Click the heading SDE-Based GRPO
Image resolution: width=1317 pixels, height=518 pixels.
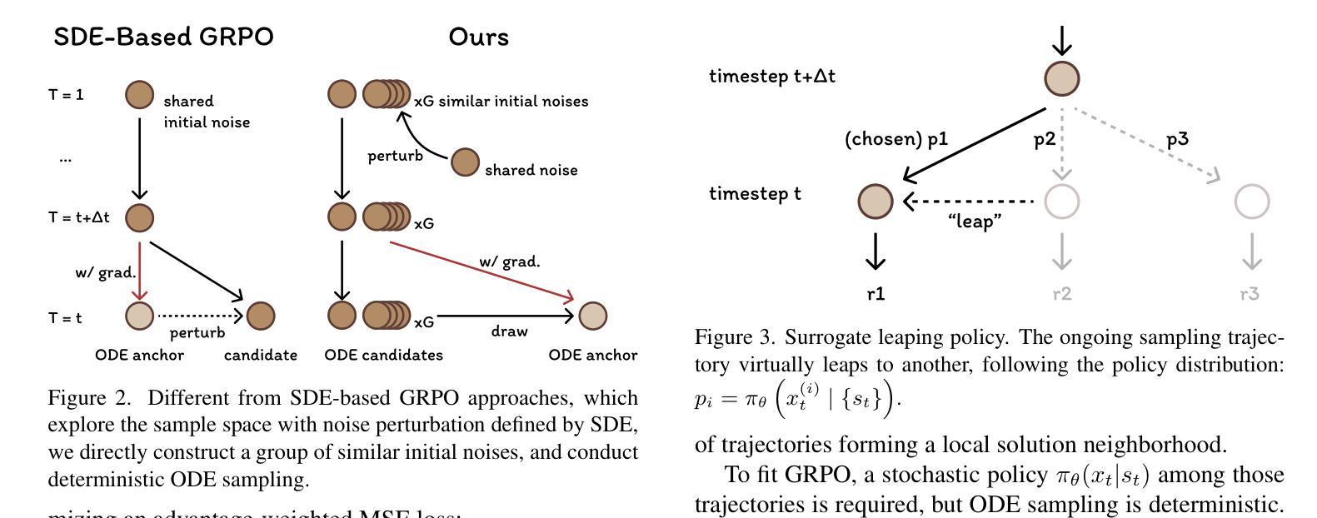[163, 37]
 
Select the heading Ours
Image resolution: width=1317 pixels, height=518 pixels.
[478, 37]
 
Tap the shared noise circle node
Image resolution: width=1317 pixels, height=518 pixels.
[465, 162]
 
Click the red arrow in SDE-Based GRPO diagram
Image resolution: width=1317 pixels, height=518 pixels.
[140, 270]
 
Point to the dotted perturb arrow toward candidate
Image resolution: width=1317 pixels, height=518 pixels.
[200, 316]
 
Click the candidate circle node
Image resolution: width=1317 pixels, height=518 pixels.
[261, 316]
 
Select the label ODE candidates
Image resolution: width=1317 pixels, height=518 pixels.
[383, 356]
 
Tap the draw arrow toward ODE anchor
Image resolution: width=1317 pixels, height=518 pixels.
[505, 316]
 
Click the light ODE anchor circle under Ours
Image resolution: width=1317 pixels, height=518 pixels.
[593, 316]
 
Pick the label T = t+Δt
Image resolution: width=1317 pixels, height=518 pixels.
[79, 218]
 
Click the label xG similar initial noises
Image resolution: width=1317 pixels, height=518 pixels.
[501, 102]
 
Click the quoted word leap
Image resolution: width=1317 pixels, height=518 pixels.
[974, 222]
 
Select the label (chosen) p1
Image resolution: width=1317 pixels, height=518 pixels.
[896, 140]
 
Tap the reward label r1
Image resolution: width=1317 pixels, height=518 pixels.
[876, 294]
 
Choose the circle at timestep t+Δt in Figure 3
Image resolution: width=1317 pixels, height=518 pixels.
[1062, 79]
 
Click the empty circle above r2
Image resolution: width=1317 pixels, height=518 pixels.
[1061, 201]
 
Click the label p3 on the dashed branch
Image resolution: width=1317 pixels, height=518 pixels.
[1177, 139]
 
